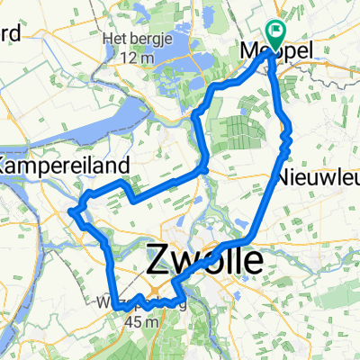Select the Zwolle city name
pos(205,262)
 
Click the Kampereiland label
pos(67,166)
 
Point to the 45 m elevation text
pos(144,321)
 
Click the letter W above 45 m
pos(115,303)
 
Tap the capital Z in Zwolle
pos(157,262)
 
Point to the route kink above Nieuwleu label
pos(285,139)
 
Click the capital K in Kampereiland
pos(7,166)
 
